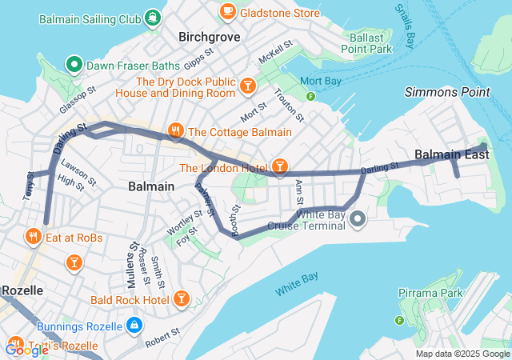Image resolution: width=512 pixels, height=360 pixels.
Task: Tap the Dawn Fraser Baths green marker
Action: tap(74, 63)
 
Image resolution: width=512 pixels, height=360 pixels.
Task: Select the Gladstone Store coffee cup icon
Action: tap(228, 11)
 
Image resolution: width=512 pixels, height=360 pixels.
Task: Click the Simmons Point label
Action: tap(446, 92)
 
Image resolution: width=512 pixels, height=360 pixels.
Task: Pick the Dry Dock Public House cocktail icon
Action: tap(248, 83)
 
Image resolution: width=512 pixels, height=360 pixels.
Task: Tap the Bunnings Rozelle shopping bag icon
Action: tap(134, 326)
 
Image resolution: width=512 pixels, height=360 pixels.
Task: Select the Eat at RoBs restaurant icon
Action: tap(33, 236)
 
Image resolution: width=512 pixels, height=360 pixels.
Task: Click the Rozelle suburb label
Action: tap(22, 290)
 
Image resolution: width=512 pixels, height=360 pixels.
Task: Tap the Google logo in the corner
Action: tap(26, 350)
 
